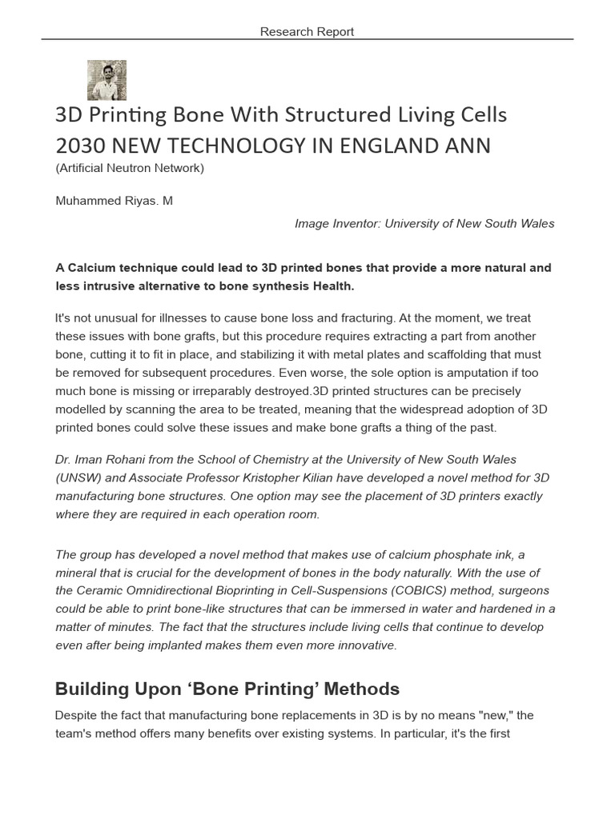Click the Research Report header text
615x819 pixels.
(x=307, y=32)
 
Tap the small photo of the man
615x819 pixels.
(x=107, y=80)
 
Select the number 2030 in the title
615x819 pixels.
(x=78, y=146)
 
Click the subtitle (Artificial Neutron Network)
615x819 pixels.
(x=130, y=168)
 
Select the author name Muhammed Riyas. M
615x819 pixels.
(x=114, y=201)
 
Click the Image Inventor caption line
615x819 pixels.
(x=424, y=224)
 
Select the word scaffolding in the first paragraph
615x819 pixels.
(x=460, y=354)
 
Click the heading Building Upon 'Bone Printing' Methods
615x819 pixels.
(x=227, y=689)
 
